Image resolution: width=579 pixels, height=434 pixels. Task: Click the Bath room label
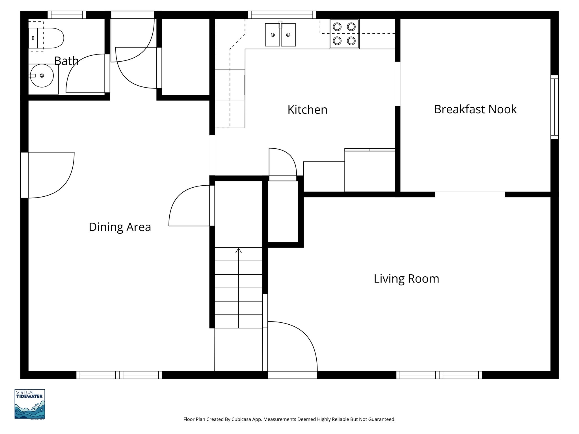(66, 61)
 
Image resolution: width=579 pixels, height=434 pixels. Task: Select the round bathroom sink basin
(42, 75)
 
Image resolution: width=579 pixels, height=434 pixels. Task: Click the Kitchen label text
(307, 110)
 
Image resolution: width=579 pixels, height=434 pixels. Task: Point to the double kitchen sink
(280, 35)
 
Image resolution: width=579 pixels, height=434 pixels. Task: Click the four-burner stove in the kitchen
(344, 34)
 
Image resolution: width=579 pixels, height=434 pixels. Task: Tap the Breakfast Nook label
(475, 109)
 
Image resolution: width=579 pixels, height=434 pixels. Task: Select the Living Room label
(406, 279)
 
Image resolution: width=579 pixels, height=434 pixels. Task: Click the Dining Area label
(120, 227)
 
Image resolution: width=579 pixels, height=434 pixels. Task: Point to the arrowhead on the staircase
(239, 250)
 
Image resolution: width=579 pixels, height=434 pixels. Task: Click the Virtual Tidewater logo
(30, 404)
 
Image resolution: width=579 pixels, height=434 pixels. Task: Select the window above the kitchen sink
(282, 15)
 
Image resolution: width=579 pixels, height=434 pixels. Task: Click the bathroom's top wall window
(67, 15)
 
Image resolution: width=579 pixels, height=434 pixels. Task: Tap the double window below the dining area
(119, 375)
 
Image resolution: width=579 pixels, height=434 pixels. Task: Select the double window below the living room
(439, 375)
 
